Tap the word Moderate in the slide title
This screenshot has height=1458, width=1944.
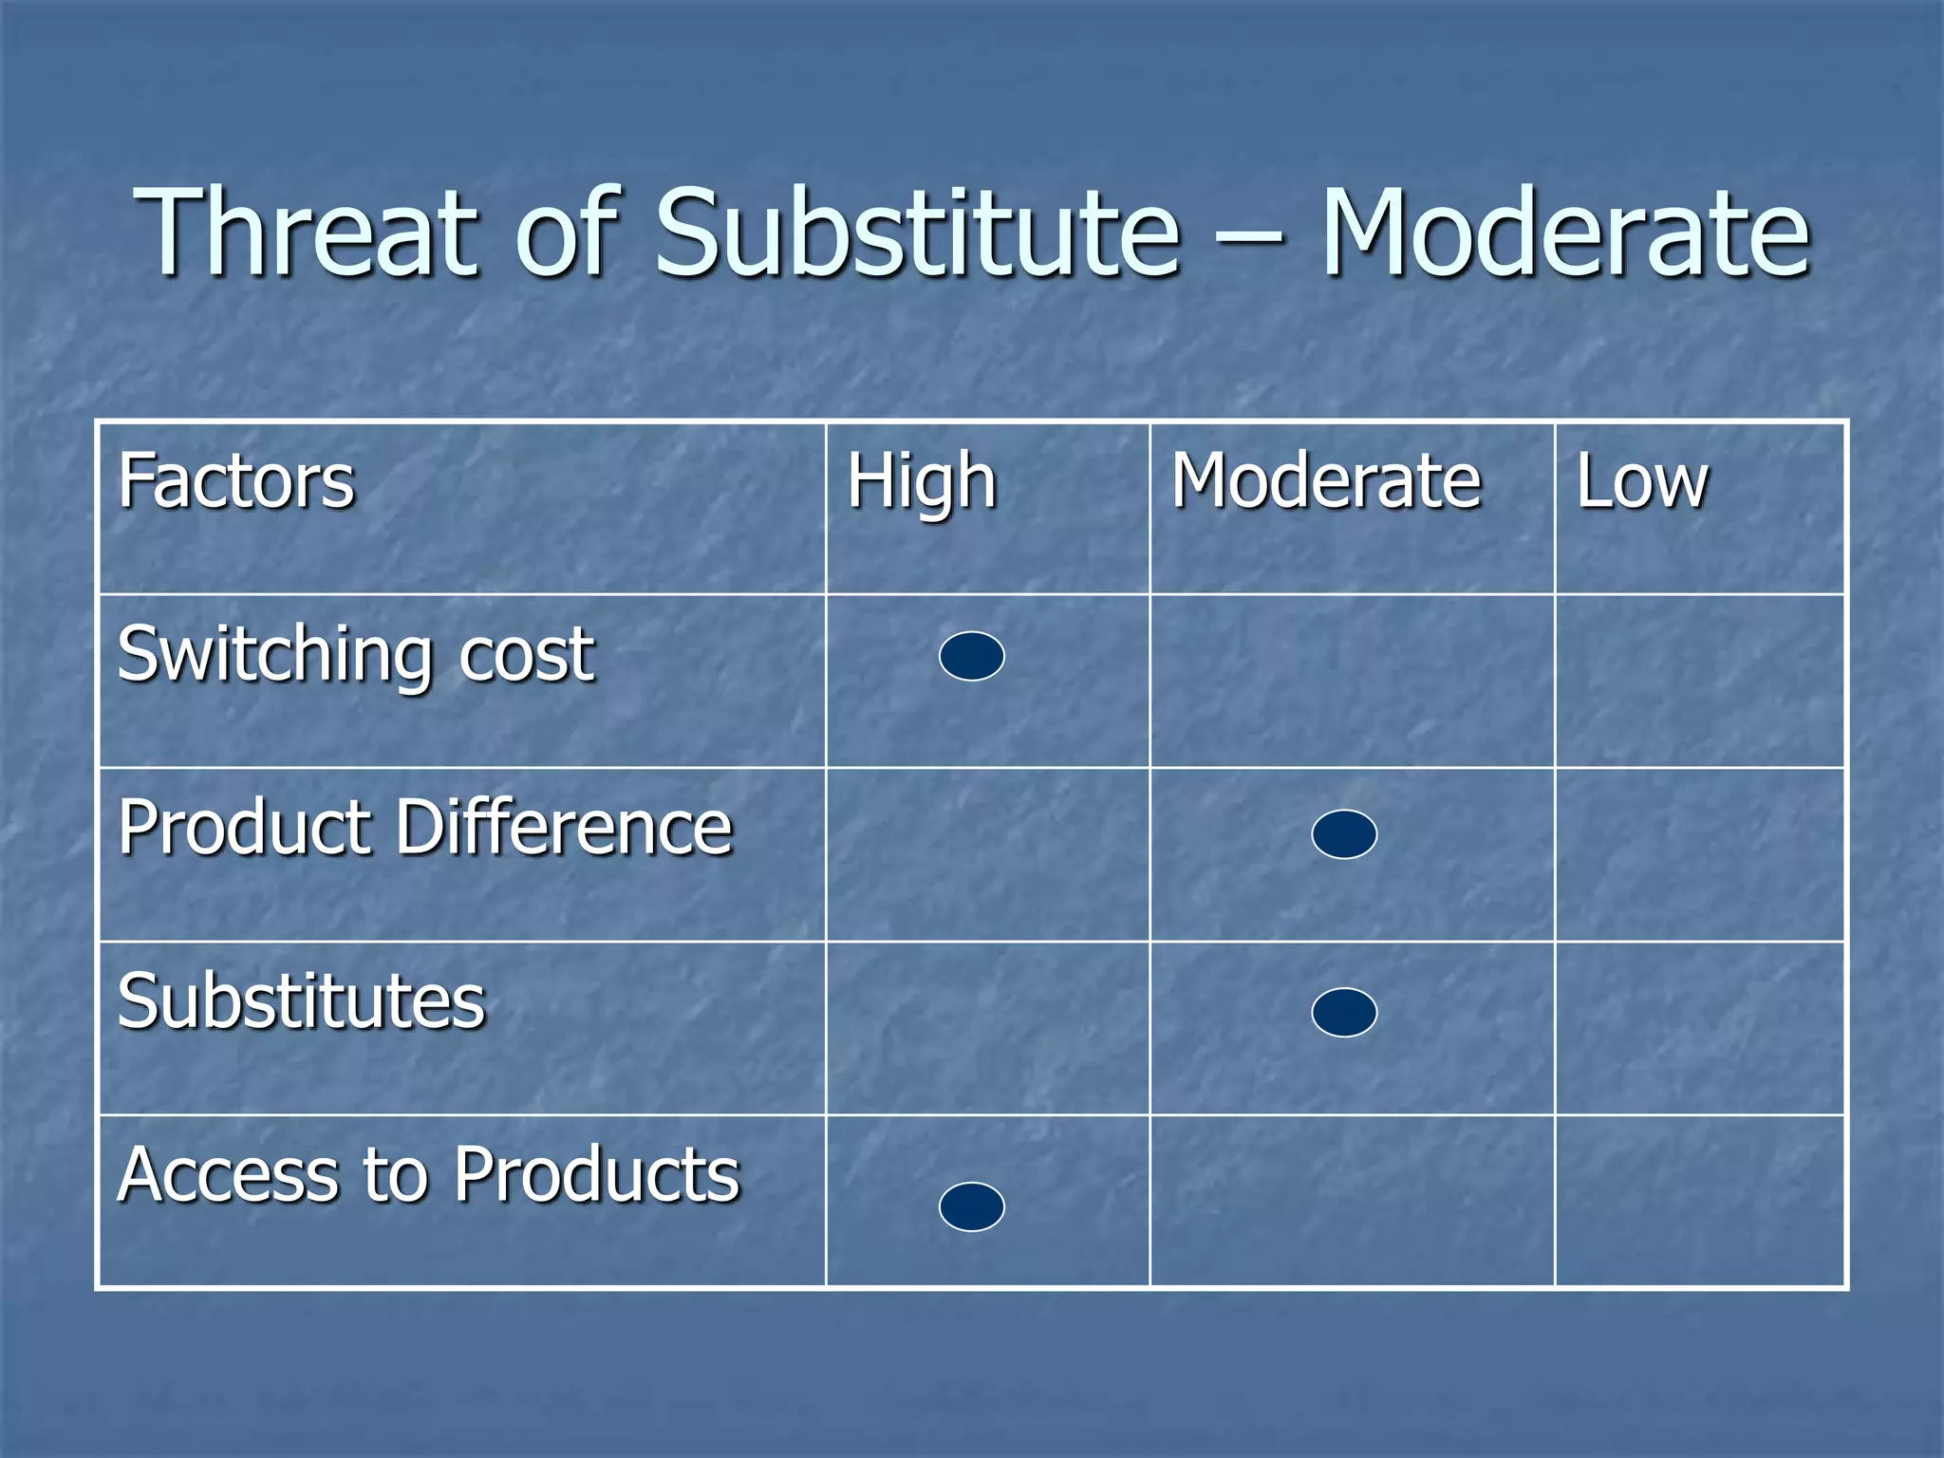point(1566,233)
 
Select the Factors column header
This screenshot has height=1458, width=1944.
point(236,482)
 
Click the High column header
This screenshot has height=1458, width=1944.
point(922,482)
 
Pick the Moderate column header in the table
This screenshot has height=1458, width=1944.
point(1326,482)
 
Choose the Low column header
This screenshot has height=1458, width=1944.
point(1642,482)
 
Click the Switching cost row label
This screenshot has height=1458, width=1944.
point(356,655)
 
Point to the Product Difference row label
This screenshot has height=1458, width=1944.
point(425,828)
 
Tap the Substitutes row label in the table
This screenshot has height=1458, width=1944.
point(302,1001)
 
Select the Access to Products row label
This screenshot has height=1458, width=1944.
point(428,1175)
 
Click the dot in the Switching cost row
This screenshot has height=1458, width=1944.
point(972,656)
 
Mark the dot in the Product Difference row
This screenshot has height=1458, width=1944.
point(1344,834)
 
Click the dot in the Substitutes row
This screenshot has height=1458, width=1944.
point(1344,1012)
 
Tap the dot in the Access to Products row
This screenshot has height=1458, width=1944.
point(972,1206)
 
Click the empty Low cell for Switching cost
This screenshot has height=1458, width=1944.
point(1699,682)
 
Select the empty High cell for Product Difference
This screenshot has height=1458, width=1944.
point(987,854)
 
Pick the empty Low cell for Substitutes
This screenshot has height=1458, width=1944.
point(1699,1028)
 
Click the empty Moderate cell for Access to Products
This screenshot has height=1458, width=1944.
point(1352,1201)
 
